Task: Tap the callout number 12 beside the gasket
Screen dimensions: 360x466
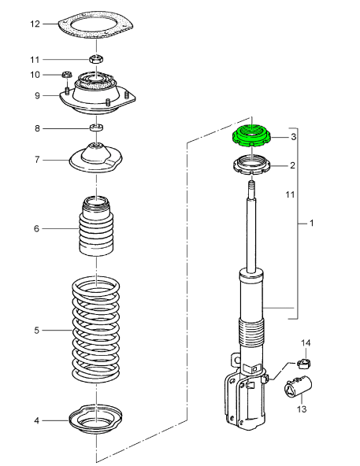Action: point(35,24)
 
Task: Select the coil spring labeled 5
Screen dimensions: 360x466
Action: point(96,330)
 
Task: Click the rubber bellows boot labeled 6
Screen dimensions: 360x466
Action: point(96,225)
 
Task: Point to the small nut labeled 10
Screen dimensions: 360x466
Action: point(67,74)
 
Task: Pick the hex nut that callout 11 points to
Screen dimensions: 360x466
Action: point(96,58)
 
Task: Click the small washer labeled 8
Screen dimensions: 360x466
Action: point(96,128)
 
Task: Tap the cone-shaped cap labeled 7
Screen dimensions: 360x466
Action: point(96,157)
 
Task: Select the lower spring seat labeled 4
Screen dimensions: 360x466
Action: point(95,419)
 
